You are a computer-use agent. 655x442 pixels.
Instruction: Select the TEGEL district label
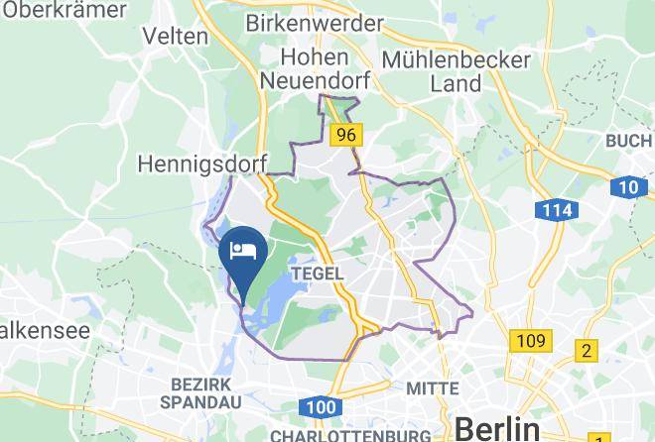(x=318, y=273)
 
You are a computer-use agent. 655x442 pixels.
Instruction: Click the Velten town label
(x=176, y=36)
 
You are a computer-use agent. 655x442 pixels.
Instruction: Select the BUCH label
(x=629, y=141)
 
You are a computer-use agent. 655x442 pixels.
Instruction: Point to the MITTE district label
(x=433, y=387)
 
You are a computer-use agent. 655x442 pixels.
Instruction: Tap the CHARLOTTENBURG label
(x=350, y=435)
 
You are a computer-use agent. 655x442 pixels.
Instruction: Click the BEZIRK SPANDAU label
(x=200, y=393)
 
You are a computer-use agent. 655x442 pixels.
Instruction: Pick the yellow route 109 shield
(x=530, y=341)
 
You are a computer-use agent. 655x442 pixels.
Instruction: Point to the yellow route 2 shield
(x=587, y=351)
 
